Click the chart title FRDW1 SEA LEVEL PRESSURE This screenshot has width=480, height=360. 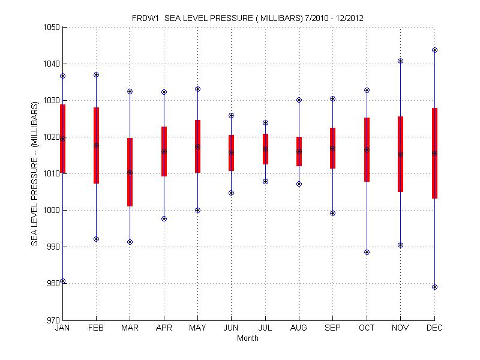coord(247,18)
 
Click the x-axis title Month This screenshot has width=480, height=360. coord(248,338)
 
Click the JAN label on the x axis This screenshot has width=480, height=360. coord(62,328)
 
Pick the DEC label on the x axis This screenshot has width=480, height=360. coord(434,328)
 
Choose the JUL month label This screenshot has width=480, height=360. coord(265,328)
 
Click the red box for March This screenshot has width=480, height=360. coord(130,172)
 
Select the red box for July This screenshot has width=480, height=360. coord(265,149)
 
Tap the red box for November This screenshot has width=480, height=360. coord(400,154)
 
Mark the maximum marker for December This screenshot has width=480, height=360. coord(434,50)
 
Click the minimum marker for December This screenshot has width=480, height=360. coord(434,287)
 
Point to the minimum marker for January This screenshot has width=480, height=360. coord(62,281)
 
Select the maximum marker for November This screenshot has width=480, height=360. coord(400,61)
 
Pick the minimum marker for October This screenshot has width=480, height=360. coord(367,253)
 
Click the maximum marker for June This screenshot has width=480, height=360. coord(232,115)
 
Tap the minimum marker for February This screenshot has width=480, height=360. coord(96,239)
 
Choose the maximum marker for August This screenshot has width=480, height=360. coord(299,100)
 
